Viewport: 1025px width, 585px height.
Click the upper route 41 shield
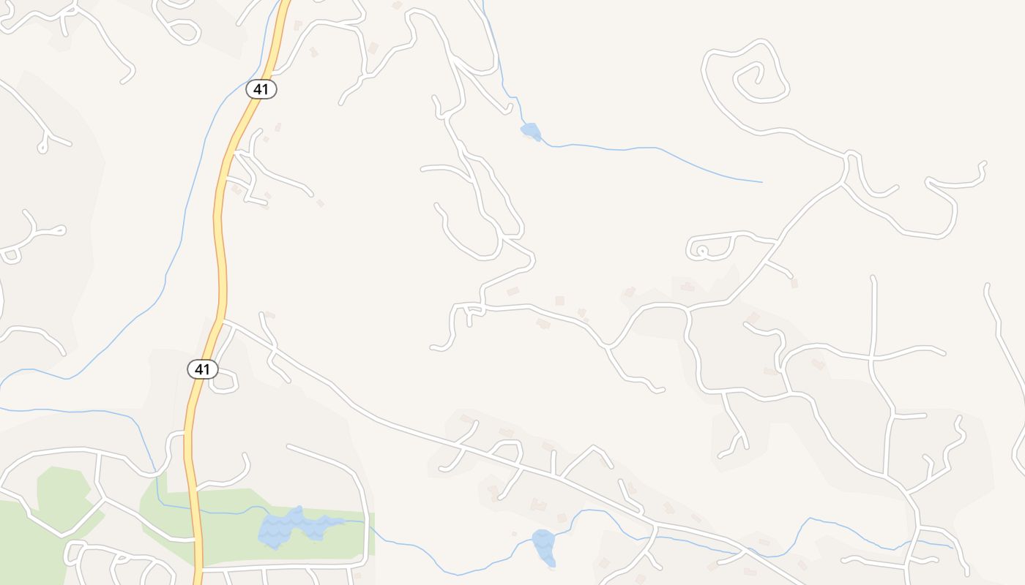point(261,89)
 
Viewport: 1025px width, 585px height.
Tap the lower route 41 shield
point(202,369)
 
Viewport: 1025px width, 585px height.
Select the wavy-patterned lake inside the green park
point(289,527)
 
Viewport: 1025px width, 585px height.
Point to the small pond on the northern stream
point(531,132)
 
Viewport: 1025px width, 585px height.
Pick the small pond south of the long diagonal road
point(543,546)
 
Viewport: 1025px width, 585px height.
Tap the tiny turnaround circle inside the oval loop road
point(702,251)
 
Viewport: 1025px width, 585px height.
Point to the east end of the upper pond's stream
point(761,182)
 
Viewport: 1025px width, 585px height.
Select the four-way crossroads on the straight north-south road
point(872,358)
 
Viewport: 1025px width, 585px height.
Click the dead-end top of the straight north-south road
point(873,278)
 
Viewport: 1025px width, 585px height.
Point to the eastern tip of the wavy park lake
point(343,521)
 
